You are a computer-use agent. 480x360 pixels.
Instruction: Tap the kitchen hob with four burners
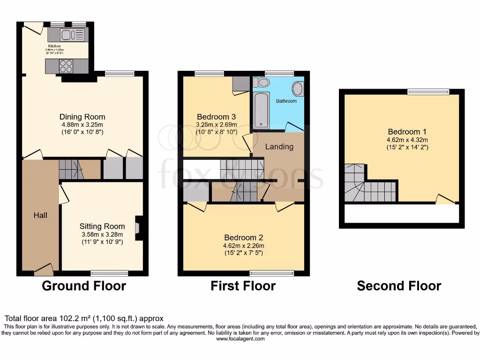(66, 66)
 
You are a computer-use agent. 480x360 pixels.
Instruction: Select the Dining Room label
(82, 117)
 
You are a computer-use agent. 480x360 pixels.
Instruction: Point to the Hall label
(40, 215)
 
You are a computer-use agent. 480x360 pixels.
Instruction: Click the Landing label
(279, 147)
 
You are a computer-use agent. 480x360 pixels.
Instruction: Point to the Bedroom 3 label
(216, 117)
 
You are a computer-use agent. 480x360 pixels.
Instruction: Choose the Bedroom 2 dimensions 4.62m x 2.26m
(244, 246)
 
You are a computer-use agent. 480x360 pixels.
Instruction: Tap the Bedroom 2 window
(272, 273)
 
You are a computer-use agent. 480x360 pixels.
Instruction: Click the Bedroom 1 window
(428, 92)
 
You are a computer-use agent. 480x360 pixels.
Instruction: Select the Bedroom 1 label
(407, 132)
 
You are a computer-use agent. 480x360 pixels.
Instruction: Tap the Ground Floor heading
(84, 286)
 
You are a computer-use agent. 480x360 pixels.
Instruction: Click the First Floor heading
(243, 286)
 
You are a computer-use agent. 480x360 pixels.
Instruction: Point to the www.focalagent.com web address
(240, 339)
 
